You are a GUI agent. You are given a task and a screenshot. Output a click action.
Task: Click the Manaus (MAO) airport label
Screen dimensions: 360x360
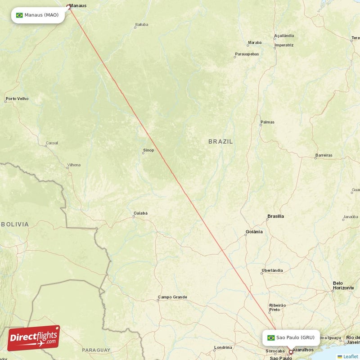click(x=38, y=15)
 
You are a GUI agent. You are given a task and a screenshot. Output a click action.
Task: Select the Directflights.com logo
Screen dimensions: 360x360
click(x=33, y=338)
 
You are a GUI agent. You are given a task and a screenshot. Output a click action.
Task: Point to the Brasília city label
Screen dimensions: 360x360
click(x=275, y=216)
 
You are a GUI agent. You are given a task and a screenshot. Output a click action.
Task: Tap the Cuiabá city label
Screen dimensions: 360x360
click(x=140, y=213)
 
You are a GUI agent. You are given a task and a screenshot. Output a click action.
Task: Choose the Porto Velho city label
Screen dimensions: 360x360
click(x=17, y=99)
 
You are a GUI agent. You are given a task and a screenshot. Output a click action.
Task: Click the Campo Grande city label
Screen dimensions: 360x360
click(x=172, y=297)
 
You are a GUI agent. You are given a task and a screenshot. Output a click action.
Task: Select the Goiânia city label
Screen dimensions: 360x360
click(x=254, y=232)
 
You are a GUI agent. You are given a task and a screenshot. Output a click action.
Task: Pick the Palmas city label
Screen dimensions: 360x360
click(x=267, y=122)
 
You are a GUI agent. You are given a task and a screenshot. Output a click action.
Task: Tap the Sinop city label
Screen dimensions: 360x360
click(x=148, y=150)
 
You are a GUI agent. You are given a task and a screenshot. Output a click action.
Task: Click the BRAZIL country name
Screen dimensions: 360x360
click(x=220, y=141)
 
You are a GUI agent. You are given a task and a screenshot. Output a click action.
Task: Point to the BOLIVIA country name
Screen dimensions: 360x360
click(x=14, y=224)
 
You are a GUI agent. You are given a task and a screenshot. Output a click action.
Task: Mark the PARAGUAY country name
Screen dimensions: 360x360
click(x=96, y=350)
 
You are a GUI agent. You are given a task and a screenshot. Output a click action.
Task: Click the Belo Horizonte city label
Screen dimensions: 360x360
click(x=343, y=285)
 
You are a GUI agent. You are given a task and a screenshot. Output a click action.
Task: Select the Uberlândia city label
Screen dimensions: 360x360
click(x=272, y=270)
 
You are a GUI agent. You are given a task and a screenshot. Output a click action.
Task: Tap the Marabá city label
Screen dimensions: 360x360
click(x=254, y=42)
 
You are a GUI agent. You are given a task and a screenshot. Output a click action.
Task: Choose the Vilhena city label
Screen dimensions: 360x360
click(x=73, y=165)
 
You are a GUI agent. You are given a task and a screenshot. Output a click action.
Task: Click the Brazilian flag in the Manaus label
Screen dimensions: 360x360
click(x=19, y=15)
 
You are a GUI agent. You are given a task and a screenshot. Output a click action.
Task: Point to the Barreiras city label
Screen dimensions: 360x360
click(x=324, y=155)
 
